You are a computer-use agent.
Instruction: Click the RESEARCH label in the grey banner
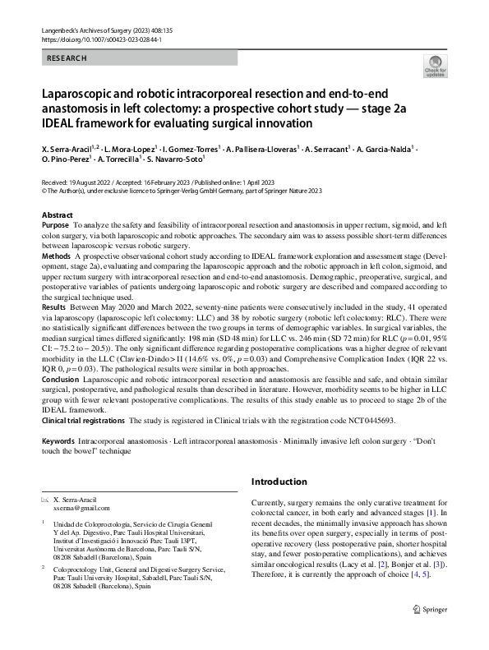67,58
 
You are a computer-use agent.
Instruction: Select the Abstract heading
57,214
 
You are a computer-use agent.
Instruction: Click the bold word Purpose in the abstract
55,224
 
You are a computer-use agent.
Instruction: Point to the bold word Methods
56,256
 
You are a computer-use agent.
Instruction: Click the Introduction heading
279,481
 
